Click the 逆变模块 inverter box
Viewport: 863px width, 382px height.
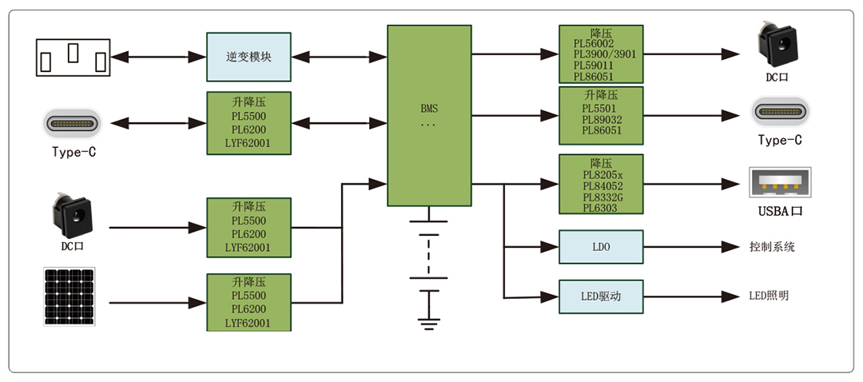[249, 58]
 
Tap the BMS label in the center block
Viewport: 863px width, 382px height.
[429, 108]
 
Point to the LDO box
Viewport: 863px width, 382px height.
[601, 247]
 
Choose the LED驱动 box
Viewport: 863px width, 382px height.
[601, 296]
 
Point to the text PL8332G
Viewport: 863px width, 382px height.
[600, 197]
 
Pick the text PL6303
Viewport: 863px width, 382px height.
[595, 208]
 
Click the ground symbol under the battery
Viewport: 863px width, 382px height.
[429, 322]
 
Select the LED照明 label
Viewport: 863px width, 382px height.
[769, 296]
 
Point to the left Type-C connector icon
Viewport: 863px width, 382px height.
[78, 125]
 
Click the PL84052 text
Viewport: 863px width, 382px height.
[600, 186]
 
